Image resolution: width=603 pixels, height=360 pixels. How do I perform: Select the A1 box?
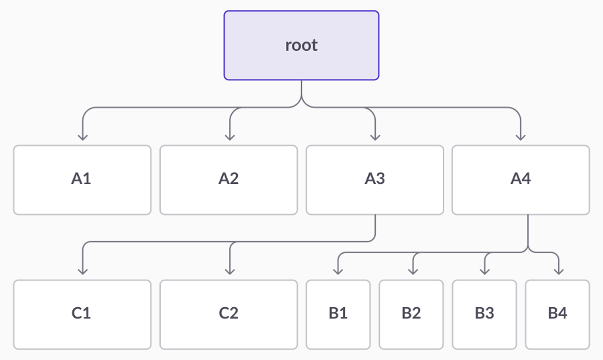coord(82,180)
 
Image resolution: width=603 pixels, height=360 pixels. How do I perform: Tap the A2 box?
coord(228,180)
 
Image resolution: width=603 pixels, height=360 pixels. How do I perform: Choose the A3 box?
coord(374,180)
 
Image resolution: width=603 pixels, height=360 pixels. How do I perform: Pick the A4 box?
coord(521,180)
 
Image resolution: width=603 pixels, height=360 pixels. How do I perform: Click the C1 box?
coord(82,314)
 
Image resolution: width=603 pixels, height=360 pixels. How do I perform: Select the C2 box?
coord(228,314)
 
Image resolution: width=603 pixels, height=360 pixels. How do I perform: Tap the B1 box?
coord(338,314)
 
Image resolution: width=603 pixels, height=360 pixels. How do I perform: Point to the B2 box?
coord(411,314)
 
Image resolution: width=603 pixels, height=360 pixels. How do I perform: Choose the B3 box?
coord(484,314)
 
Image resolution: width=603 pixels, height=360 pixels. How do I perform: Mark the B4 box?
coord(557,314)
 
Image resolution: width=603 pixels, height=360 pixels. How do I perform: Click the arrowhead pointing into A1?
coord(83,137)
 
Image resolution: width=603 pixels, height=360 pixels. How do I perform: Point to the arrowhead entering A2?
coord(230,137)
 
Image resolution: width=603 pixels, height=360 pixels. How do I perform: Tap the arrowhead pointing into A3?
coord(374,137)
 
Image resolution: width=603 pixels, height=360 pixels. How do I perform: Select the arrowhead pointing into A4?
coord(521,137)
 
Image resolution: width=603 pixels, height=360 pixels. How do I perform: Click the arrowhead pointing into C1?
coord(83,271)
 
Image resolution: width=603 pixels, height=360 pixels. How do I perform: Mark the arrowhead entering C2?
coord(230,271)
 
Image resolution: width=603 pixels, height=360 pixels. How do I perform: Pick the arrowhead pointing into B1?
coord(338,271)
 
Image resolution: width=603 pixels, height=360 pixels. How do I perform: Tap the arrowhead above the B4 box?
coord(558,271)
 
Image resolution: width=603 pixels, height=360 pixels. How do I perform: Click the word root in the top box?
coord(301,45)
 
